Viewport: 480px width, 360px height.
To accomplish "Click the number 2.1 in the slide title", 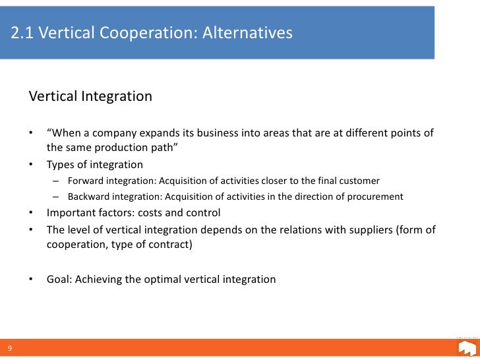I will [22, 32].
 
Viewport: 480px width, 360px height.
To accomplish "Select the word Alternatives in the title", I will [248, 32].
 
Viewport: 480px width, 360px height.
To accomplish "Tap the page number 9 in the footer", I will [10, 349].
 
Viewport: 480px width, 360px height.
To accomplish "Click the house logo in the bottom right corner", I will [466, 347].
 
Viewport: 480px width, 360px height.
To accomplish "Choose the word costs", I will [149, 213].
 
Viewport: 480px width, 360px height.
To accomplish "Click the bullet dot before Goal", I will [31, 279].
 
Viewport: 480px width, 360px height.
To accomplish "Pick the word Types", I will [61, 165].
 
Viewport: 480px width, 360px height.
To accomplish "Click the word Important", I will [71, 213].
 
